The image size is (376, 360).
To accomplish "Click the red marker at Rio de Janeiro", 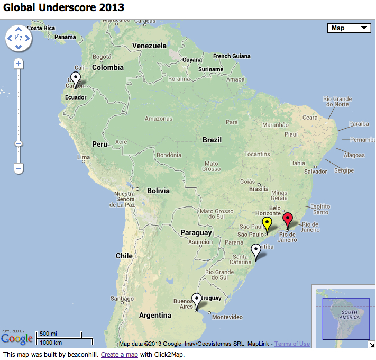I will [x=288, y=219].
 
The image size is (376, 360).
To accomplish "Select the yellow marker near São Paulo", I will [x=267, y=223].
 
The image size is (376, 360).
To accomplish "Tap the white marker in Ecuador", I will [x=76, y=79].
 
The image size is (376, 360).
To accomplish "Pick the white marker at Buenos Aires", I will [x=197, y=300].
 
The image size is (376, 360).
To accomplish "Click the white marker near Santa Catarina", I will [x=256, y=250].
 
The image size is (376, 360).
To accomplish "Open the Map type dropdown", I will [x=349, y=28].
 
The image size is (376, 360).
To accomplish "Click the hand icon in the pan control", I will [x=19, y=38].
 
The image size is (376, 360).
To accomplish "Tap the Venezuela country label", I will [x=149, y=46].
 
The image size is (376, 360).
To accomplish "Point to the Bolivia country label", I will [x=158, y=191].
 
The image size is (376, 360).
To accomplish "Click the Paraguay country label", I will [x=196, y=232].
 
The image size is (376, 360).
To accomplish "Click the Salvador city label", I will [x=315, y=172].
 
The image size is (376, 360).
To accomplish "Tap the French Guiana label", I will [x=232, y=56].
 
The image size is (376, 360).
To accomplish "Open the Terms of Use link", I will [x=292, y=344].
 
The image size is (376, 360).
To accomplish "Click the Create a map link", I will [x=120, y=354].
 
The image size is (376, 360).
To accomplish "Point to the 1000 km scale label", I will [x=50, y=342].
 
